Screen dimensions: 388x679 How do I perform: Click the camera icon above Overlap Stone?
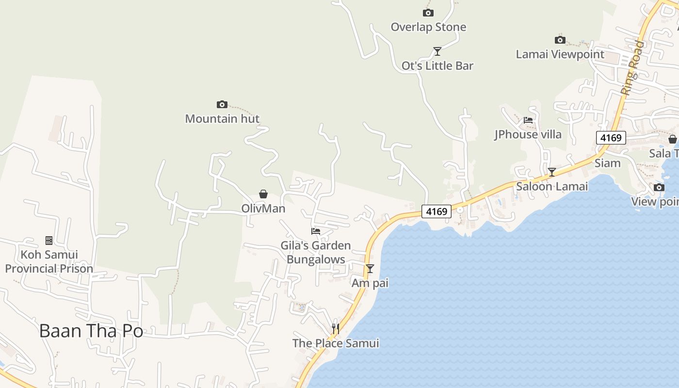pos(428,13)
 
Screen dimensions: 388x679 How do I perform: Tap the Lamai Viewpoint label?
pos(560,54)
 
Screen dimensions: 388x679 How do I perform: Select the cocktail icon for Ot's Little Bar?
pos(437,51)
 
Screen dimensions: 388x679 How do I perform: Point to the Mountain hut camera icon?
pos(222,104)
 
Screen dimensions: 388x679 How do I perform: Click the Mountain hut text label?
pos(222,119)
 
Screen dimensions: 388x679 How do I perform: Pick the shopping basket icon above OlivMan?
pos(263,194)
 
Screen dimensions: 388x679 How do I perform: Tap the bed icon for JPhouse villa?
pos(528,120)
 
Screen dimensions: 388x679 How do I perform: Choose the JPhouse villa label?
pos(528,134)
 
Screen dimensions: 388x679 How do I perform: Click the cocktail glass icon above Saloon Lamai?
pos(551,172)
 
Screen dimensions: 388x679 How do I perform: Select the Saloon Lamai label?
pos(551,186)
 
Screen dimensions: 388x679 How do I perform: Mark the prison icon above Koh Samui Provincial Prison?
pos(48,240)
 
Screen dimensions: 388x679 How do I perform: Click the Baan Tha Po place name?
pos(91,331)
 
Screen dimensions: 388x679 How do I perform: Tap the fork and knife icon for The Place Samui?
pos(335,329)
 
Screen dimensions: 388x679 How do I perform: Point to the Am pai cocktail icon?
pos(370,268)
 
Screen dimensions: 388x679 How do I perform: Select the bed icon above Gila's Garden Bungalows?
pos(316,231)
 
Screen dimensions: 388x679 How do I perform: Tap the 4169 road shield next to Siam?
pos(611,138)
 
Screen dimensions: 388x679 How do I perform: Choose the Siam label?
pos(607,163)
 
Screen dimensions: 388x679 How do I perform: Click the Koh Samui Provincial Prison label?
pos(49,261)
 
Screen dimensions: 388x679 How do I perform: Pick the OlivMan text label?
pos(263,209)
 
